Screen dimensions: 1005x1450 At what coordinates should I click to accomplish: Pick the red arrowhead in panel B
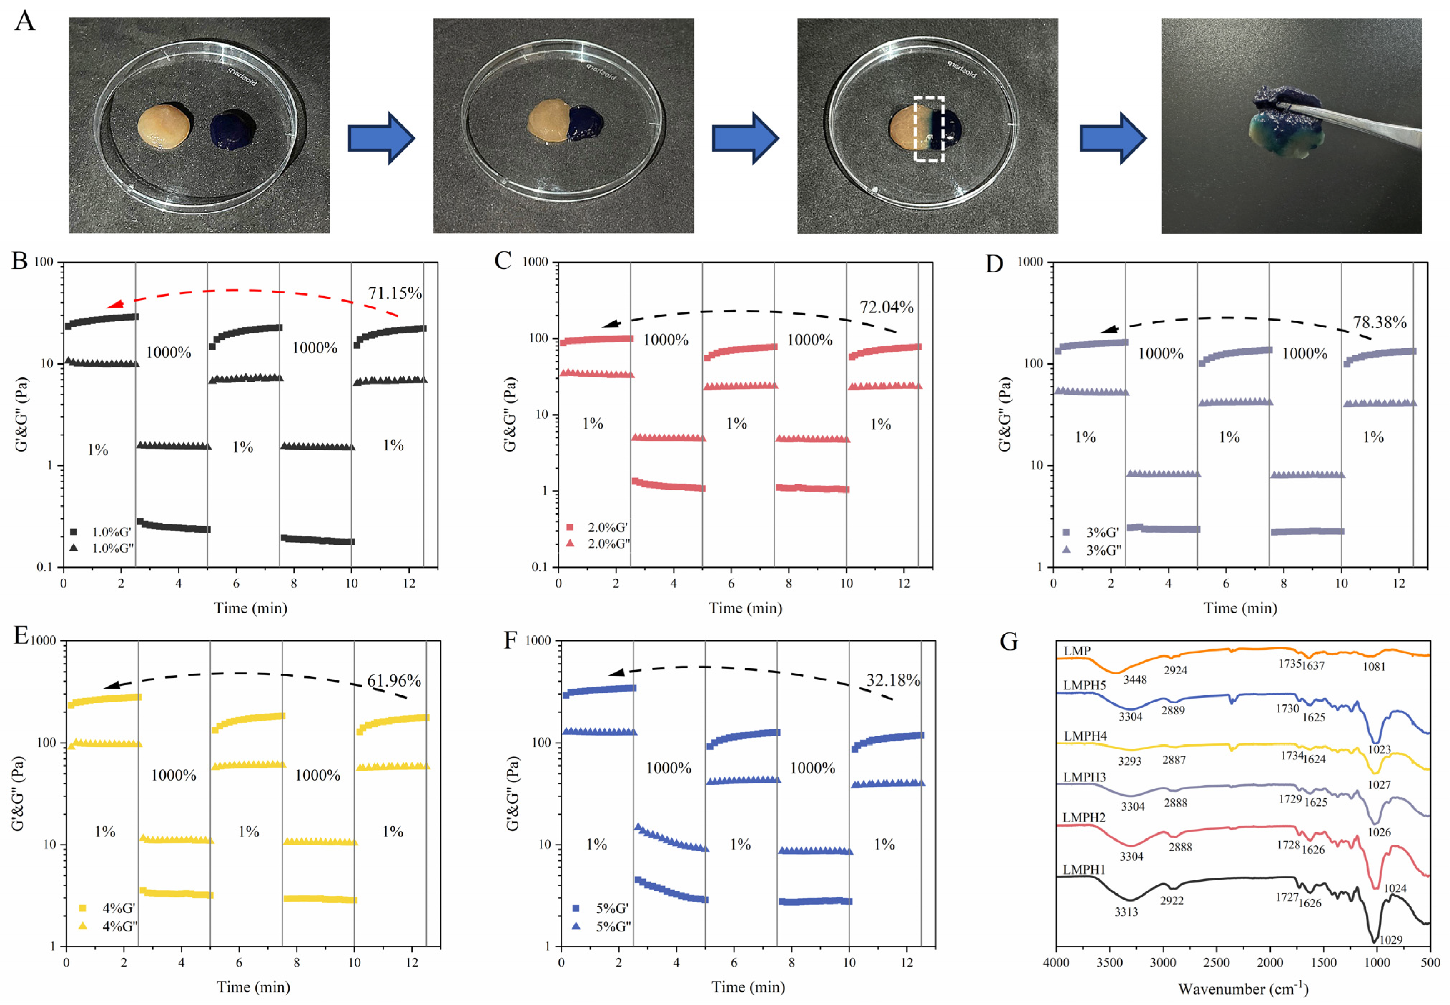point(115,305)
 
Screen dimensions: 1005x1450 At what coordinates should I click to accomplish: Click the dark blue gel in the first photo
point(232,130)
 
